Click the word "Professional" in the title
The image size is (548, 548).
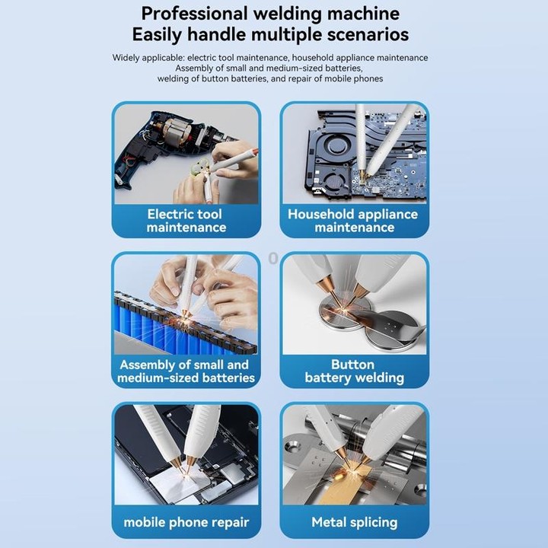194,14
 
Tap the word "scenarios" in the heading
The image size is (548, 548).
368,34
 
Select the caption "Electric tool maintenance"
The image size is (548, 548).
186,221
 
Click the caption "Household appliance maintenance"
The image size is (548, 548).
353,221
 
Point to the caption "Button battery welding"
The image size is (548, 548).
354,371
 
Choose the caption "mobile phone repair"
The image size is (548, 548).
186,522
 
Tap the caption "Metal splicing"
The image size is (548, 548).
355,522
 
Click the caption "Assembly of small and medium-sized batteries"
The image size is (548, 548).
186,371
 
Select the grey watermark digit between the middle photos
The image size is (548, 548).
273,259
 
